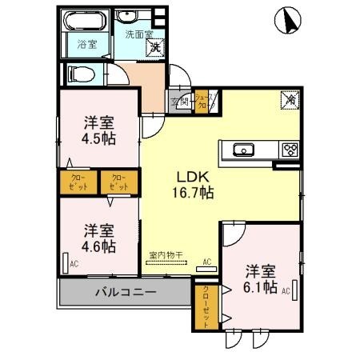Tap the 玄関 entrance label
click(x=180, y=102)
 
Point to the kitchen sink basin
click(x=242, y=149)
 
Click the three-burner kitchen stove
click(x=288, y=149)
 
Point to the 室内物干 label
click(x=166, y=255)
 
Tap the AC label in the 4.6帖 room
click(x=74, y=262)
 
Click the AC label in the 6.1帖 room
click(x=284, y=292)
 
